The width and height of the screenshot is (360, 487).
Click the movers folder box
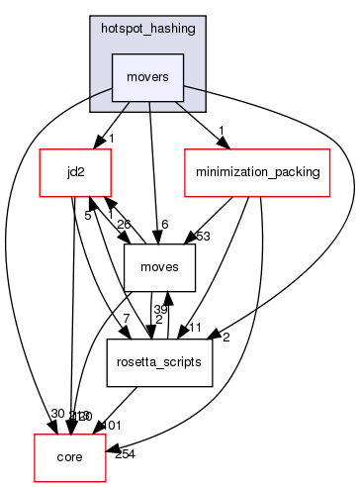[148, 77]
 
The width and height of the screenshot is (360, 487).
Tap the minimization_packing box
[256, 173]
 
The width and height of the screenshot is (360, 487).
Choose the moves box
[159, 268]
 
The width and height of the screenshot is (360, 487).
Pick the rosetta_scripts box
[159, 363]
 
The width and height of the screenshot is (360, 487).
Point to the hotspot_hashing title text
[148, 30]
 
